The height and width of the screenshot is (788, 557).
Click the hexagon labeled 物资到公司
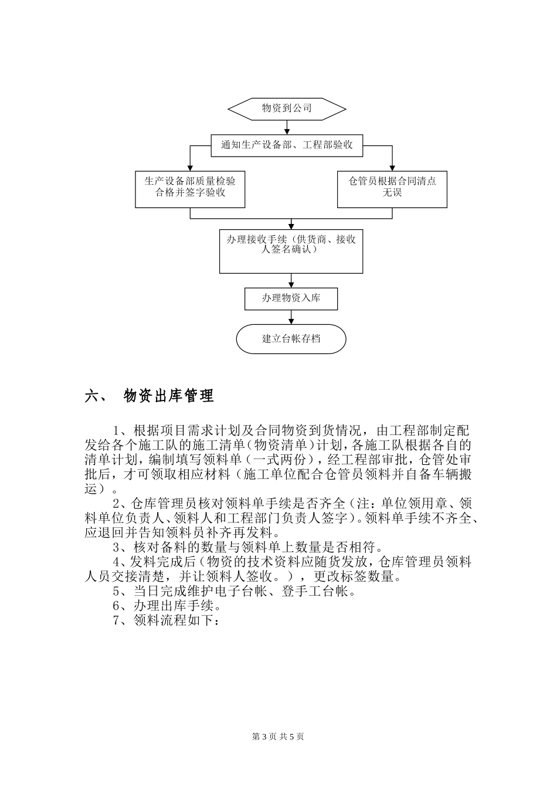pyautogui.click(x=286, y=108)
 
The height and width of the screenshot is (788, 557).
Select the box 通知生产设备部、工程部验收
pyautogui.click(x=287, y=145)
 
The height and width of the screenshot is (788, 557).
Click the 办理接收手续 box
pyautogui.click(x=291, y=251)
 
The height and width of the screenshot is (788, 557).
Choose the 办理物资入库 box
pyautogui.click(x=291, y=298)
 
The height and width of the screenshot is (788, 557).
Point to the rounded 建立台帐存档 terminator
pyautogui.click(x=291, y=339)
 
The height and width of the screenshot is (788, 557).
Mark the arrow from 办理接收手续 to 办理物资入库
pyautogui.click(x=291, y=280)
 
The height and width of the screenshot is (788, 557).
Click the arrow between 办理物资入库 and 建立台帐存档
pyautogui.click(x=291, y=317)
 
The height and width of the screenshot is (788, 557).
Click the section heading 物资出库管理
pyautogui.click(x=169, y=396)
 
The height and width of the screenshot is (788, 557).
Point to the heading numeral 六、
pyautogui.click(x=96, y=396)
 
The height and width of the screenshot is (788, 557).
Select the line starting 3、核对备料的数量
pyautogui.click(x=247, y=548)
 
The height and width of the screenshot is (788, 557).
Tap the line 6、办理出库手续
pyautogui.click(x=167, y=606)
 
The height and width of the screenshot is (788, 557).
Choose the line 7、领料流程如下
pyautogui.click(x=167, y=620)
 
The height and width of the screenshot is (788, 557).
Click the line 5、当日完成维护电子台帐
pyautogui.click(x=234, y=591)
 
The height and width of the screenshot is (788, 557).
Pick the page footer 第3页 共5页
pyautogui.click(x=278, y=736)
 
